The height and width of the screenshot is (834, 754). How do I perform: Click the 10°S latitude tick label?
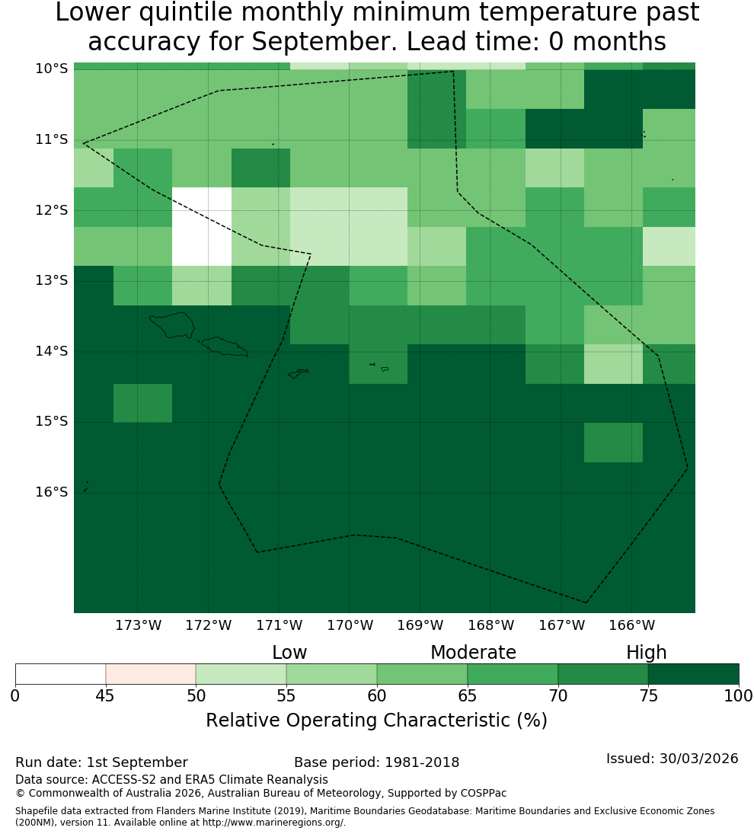pos(52,69)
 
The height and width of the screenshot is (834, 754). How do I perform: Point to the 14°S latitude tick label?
pos(52,351)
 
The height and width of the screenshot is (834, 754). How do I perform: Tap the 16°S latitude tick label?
pos(52,492)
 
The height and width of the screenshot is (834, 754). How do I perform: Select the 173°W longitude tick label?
pos(139,625)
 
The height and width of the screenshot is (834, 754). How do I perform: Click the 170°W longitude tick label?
pos(350,625)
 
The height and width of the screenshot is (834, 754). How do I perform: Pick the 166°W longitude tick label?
pos(631,625)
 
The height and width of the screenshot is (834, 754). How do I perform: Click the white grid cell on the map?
pos(202,226)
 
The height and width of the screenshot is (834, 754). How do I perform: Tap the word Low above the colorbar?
pos(289,652)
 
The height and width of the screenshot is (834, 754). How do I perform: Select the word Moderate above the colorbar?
pos(473,652)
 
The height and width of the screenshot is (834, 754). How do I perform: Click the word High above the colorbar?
pos(646,653)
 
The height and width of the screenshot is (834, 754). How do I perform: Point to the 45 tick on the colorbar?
pos(105,695)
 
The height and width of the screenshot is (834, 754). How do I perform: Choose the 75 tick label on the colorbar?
pos(649,695)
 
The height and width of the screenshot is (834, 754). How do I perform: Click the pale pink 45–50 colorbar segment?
pos(151,674)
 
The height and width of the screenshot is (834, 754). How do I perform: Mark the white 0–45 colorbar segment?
pos(61,674)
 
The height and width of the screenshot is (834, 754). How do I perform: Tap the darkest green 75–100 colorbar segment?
pos(694,674)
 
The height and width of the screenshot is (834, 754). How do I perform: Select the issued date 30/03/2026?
pos(698,759)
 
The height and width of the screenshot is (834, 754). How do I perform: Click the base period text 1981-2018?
pos(422,762)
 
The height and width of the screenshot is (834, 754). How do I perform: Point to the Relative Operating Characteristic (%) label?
pos(376,721)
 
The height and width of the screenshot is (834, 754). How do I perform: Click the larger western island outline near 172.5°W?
pos(172,325)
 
